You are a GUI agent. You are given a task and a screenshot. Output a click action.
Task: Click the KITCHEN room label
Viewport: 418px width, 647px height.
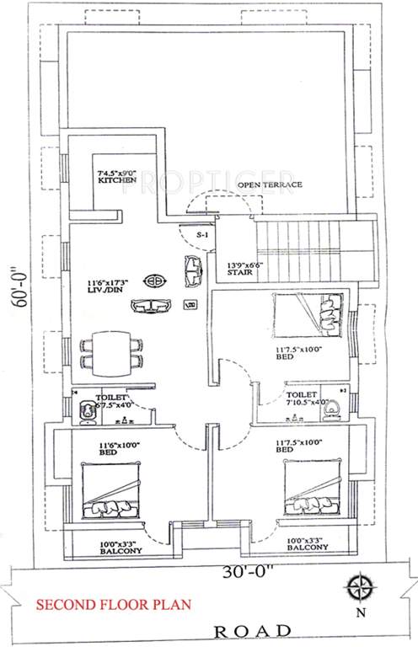(x=112, y=181)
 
